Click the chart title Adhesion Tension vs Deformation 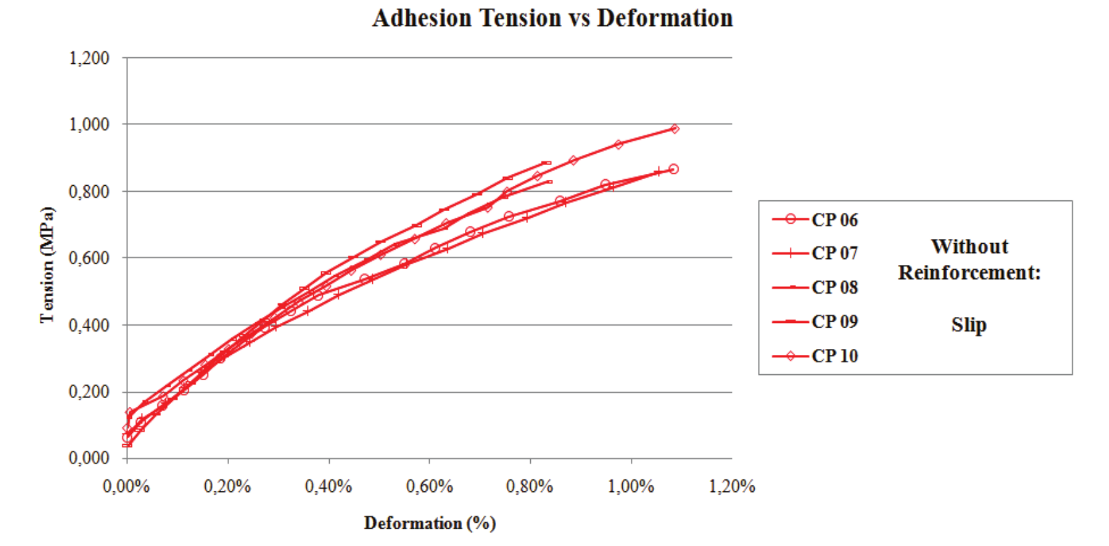(552, 18)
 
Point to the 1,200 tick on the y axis (89, 58)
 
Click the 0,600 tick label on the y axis (89, 258)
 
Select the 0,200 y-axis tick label (89, 392)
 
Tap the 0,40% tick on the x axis (328, 487)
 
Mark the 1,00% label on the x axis (631, 487)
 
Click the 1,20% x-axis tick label (731, 487)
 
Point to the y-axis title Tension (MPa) (47, 265)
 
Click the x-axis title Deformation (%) (430, 523)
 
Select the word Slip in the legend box (968, 325)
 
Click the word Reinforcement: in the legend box (968, 272)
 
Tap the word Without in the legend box (969, 246)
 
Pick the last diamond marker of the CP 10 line (675, 129)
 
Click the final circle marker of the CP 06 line (673, 169)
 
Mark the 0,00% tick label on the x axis (127, 487)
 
